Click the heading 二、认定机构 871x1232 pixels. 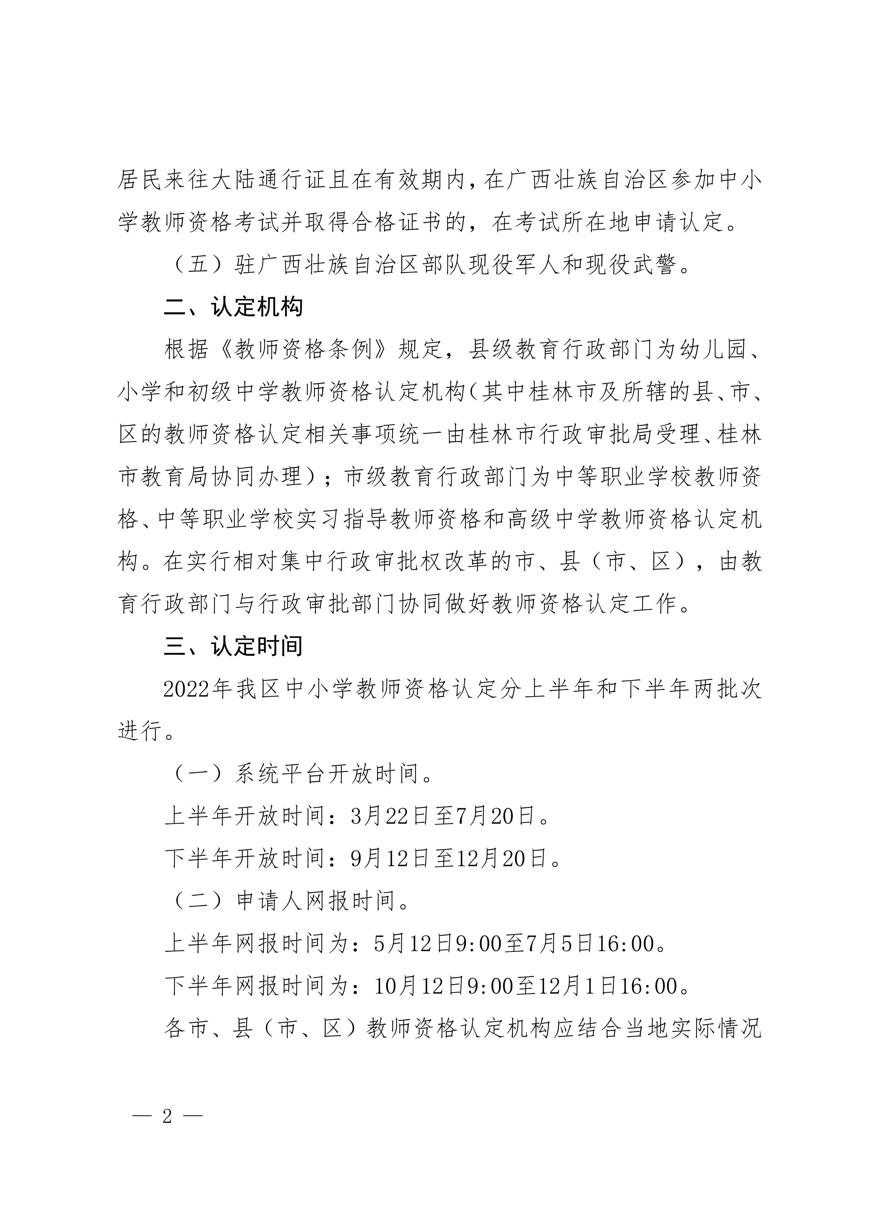click(x=233, y=307)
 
